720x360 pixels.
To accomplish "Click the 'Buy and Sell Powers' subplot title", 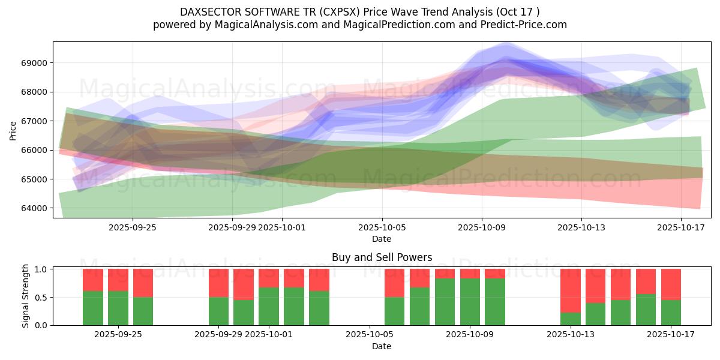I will click(x=382, y=257).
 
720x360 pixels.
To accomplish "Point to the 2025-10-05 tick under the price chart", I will click(x=382, y=228).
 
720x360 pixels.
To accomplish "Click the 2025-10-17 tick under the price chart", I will click(x=681, y=228).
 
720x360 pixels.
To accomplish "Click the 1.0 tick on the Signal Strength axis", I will click(x=42, y=269).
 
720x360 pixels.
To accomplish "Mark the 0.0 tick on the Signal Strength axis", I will click(x=42, y=325).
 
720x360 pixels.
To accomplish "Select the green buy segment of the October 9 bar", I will click(x=470, y=302).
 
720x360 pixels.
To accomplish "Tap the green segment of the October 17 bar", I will click(x=671, y=312).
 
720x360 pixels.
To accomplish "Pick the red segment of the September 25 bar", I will click(x=143, y=283).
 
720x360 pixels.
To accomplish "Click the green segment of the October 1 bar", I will click(x=269, y=306).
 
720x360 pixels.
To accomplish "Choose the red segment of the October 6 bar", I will click(x=395, y=283).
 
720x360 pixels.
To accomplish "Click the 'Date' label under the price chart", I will click(x=382, y=239).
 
